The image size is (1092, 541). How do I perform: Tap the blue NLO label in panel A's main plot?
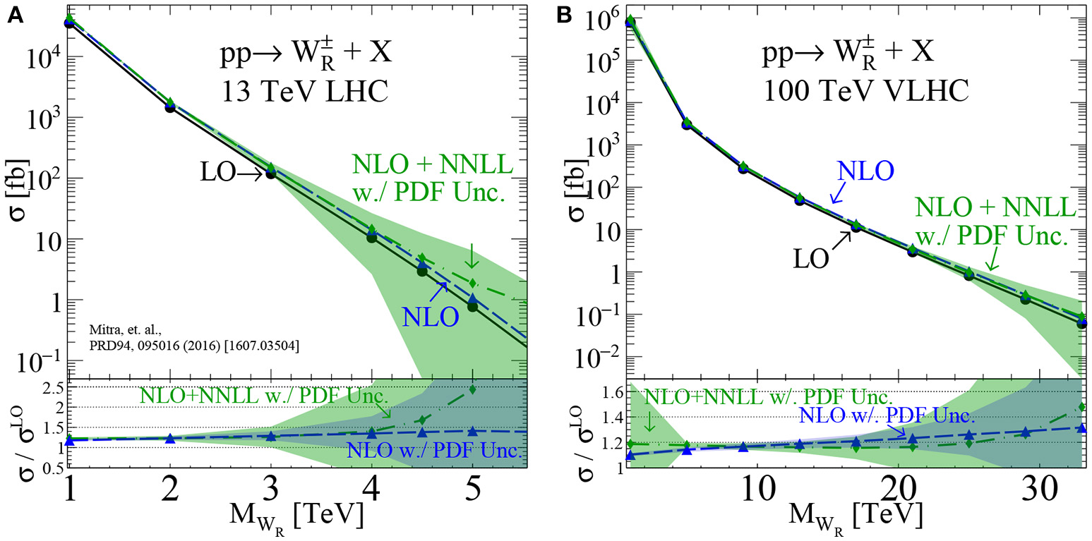(x=431, y=316)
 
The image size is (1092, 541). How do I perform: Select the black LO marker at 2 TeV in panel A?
(x=170, y=107)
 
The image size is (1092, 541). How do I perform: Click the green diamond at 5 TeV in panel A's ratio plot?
(x=472, y=389)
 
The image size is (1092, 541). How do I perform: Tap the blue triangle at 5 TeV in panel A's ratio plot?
(x=472, y=431)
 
